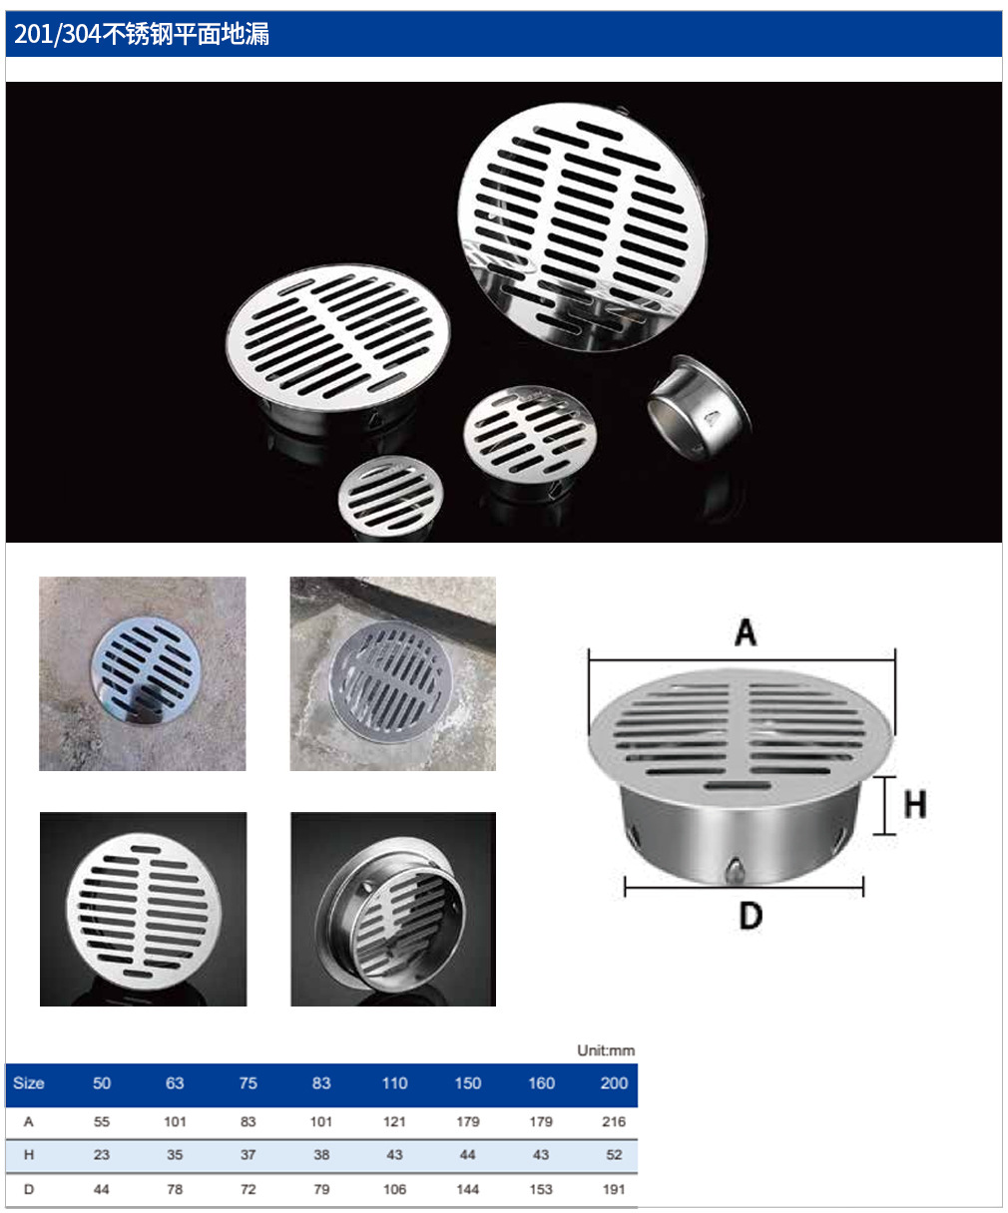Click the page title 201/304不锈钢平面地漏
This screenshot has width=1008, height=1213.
point(142,34)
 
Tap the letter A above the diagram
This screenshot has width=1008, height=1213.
point(746,632)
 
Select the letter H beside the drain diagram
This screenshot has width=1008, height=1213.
point(915,805)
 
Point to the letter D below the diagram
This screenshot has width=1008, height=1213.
point(751,916)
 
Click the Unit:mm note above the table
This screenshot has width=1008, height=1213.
point(606,1050)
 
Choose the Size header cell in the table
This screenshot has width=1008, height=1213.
point(29,1083)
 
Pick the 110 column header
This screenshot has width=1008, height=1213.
point(394,1083)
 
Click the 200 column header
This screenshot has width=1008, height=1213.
point(614,1083)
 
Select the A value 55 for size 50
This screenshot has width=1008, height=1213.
point(102,1121)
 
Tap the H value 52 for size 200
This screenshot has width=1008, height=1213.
point(614,1154)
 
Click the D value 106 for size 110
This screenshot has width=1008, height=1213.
point(394,1189)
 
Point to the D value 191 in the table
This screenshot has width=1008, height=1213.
point(614,1189)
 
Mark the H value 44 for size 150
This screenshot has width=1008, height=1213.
point(467,1154)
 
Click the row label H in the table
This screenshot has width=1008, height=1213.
point(29,1154)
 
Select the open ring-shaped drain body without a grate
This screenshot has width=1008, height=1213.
point(700,408)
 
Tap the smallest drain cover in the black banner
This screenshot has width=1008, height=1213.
point(390,498)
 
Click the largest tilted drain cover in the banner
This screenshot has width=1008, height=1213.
point(583,226)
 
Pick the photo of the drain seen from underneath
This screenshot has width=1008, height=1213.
point(393,909)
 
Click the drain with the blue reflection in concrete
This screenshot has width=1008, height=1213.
point(143,673)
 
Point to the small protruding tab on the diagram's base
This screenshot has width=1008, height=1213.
point(735,870)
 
